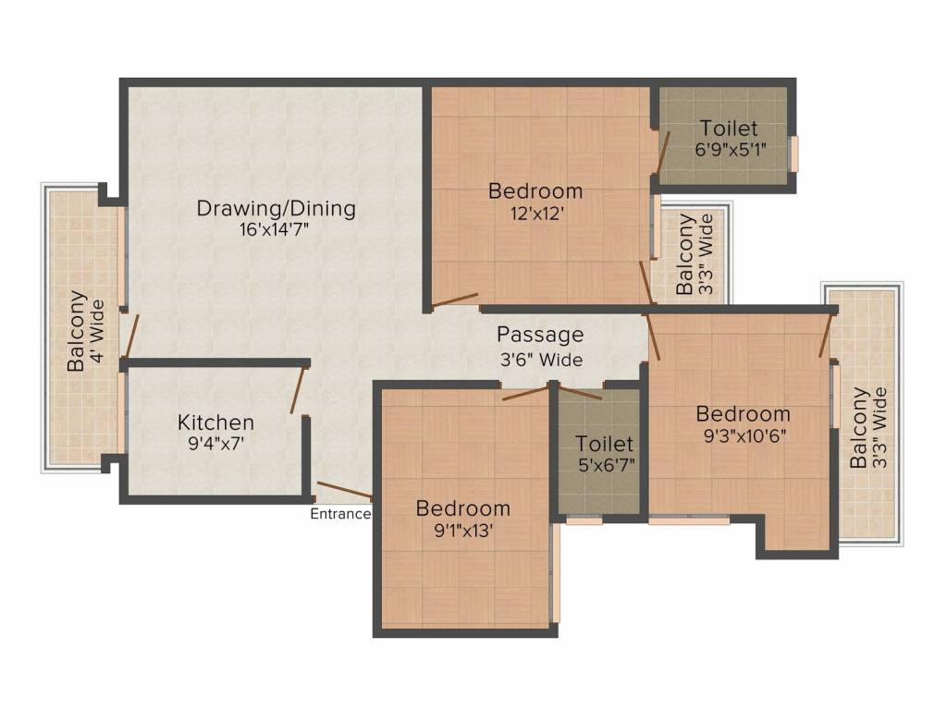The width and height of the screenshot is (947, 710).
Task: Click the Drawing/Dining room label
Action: click(x=276, y=209)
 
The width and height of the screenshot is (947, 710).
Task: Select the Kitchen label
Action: click(x=215, y=422)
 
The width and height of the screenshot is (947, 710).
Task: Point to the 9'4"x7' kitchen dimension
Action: click(x=215, y=445)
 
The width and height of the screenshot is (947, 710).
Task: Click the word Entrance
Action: click(x=340, y=514)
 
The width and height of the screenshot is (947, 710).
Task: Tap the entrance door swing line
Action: click(x=344, y=491)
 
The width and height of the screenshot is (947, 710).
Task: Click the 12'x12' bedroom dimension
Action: click(x=537, y=214)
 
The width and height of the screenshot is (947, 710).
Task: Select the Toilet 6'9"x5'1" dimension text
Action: click(x=731, y=149)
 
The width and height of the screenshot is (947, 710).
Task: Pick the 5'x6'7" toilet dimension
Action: click(x=604, y=466)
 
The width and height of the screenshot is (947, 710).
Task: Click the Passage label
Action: click(x=540, y=335)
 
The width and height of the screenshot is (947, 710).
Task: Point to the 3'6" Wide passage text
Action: click(x=541, y=360)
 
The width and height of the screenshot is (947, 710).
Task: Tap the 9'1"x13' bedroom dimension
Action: click(x=464, y=531)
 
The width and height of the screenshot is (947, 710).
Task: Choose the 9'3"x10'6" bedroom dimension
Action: click(x=744, y=436)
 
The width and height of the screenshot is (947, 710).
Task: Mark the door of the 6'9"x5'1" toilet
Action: click(x=663, y=151)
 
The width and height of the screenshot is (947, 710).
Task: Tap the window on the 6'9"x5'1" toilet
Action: click(x=794, y=154)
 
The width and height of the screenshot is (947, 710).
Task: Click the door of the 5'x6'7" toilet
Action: click(x=579, y=391)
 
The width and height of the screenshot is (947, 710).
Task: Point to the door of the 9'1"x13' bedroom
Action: click(x=526, y=392)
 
